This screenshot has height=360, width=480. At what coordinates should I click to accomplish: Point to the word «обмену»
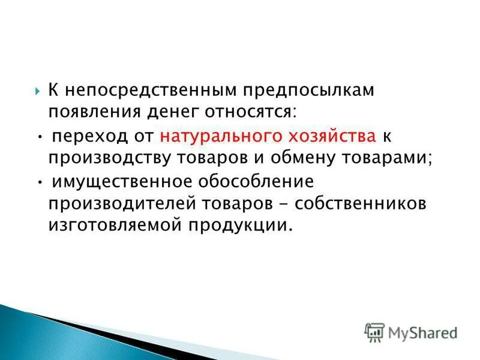(x=298, y=158)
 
